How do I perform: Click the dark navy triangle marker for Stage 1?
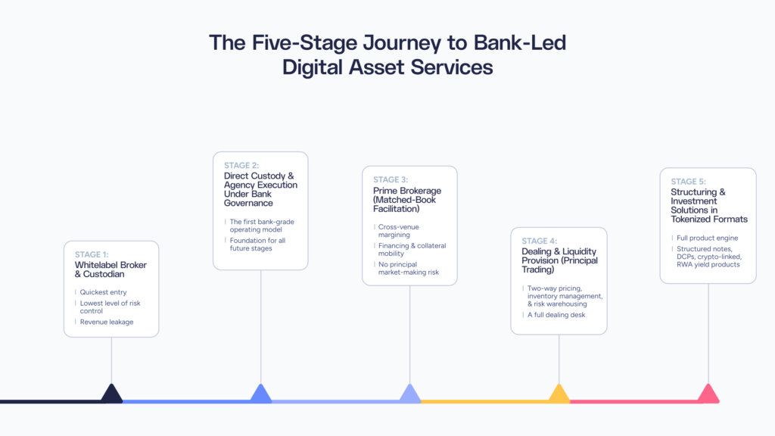[111, 394]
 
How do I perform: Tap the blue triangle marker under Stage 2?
[260, 394]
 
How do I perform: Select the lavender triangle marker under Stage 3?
[409, 394]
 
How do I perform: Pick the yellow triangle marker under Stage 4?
[559, 394]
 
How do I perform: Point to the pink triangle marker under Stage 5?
[708, 394]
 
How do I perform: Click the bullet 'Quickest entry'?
[104, 292]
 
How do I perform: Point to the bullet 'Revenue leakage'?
[107, 322]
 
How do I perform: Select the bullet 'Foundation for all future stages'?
[257, 244]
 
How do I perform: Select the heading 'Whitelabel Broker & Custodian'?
[110, 270]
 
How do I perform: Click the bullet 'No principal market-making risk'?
[409, 268]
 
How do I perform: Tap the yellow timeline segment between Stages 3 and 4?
[484, 400]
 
